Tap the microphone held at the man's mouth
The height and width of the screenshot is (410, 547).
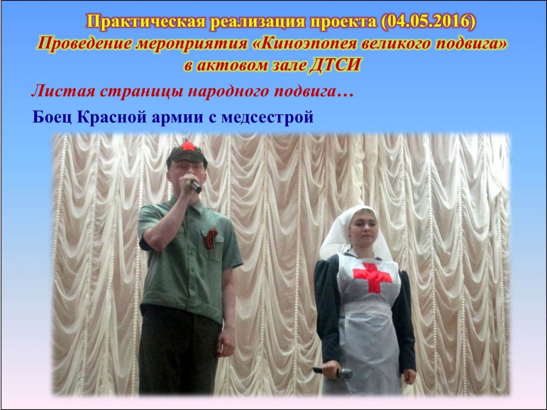[x=196, y=186]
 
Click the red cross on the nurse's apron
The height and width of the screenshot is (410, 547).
[x=372, y=277]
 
